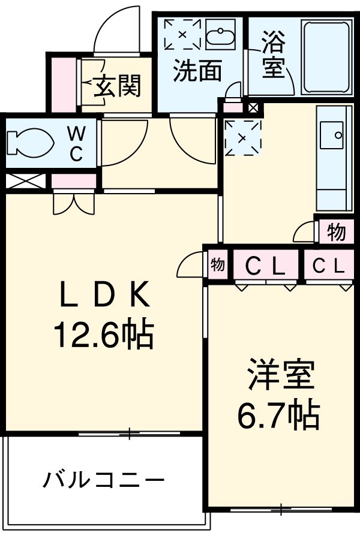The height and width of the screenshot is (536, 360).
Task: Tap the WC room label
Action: [x=76, y=143]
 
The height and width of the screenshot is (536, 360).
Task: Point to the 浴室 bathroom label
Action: [x=273, y=56]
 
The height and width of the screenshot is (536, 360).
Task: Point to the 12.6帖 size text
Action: [x=103, y=335]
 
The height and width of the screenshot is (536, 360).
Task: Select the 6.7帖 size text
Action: [x=278, y=414]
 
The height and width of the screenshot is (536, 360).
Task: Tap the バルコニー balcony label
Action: [x=103, y=480]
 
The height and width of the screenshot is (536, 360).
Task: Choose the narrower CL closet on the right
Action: [x=327, y=265]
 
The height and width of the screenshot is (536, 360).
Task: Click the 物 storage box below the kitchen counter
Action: [x=335, y=231]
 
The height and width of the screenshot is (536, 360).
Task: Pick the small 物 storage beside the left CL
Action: [x=217, y=264]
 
